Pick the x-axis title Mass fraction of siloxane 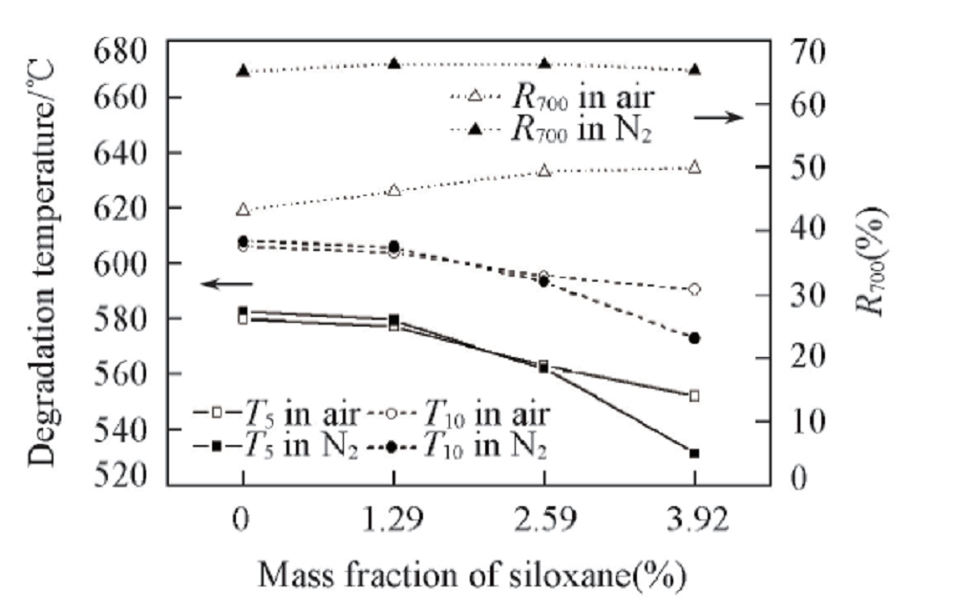tap(470, 577)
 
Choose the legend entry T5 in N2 tap(277, 444)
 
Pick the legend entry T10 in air tap(477, 414)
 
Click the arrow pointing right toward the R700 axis tap(718, 116)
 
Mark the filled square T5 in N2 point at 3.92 tap(694, 453)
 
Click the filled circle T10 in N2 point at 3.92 tap(694, 338)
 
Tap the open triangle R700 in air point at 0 tap(243, 209)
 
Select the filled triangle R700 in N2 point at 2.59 tap(544, 64)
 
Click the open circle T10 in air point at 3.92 tap(694, 288)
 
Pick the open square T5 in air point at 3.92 tap(694, 395)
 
